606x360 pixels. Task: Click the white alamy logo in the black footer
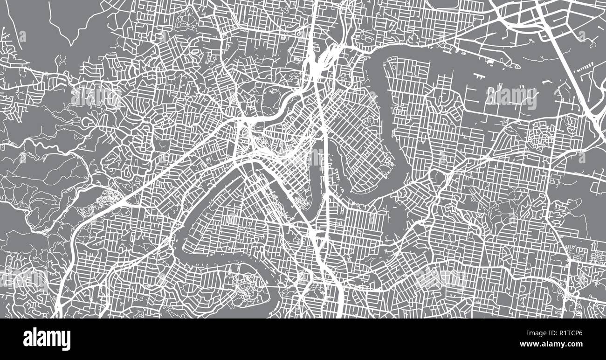point(47,339)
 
